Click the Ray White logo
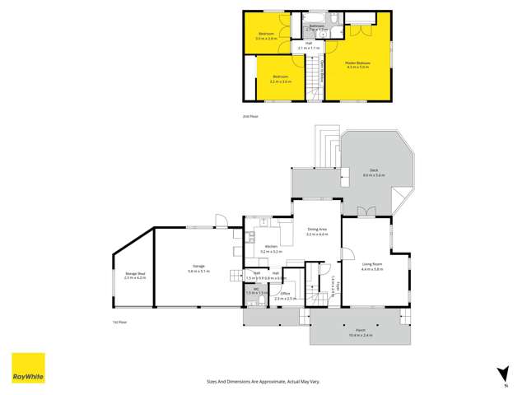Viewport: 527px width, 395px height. pos(28,369)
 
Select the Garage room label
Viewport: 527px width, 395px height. pos(199,268)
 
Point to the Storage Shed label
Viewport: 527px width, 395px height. pos(135,276)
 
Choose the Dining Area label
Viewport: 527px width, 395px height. pos(317,231)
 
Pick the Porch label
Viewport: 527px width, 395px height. pos(361,333)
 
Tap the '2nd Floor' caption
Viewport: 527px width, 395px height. pos(250,116)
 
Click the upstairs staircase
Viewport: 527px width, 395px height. pos(313,78)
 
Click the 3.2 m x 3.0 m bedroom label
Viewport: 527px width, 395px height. pos(282,80)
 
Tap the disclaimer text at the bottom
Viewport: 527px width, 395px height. pos(263,381)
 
